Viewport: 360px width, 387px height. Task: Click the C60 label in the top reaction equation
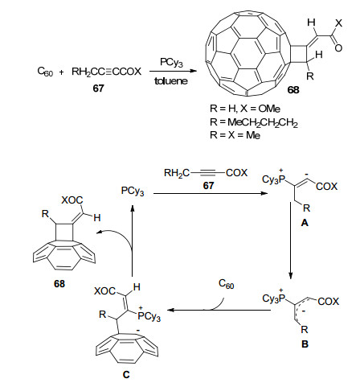45,72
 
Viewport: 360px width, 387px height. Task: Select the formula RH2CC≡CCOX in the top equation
106,72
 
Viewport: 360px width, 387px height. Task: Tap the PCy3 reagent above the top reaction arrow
171,63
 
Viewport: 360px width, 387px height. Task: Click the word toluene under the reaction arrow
171,81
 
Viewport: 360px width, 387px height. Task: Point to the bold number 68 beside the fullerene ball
293,90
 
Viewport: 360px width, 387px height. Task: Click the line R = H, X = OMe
245,109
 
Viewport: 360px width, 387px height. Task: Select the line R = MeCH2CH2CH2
254,123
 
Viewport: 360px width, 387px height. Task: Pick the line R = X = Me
235,135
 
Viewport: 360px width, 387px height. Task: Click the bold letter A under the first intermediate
305,223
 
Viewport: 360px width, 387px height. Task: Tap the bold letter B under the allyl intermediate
305,344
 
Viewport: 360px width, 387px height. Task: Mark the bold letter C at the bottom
126,375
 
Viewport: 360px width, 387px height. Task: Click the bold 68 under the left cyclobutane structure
59,284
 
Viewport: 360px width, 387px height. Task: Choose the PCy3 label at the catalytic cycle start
133,191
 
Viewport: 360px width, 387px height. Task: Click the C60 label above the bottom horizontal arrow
227,284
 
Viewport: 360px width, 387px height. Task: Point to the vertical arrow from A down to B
291,241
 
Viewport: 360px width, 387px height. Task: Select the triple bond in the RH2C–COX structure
207,173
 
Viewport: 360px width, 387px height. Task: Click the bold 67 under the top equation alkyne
98,89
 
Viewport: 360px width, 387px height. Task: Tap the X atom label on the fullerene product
338,23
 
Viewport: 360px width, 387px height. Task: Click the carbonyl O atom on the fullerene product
338,48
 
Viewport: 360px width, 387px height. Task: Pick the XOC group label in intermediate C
105,291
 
